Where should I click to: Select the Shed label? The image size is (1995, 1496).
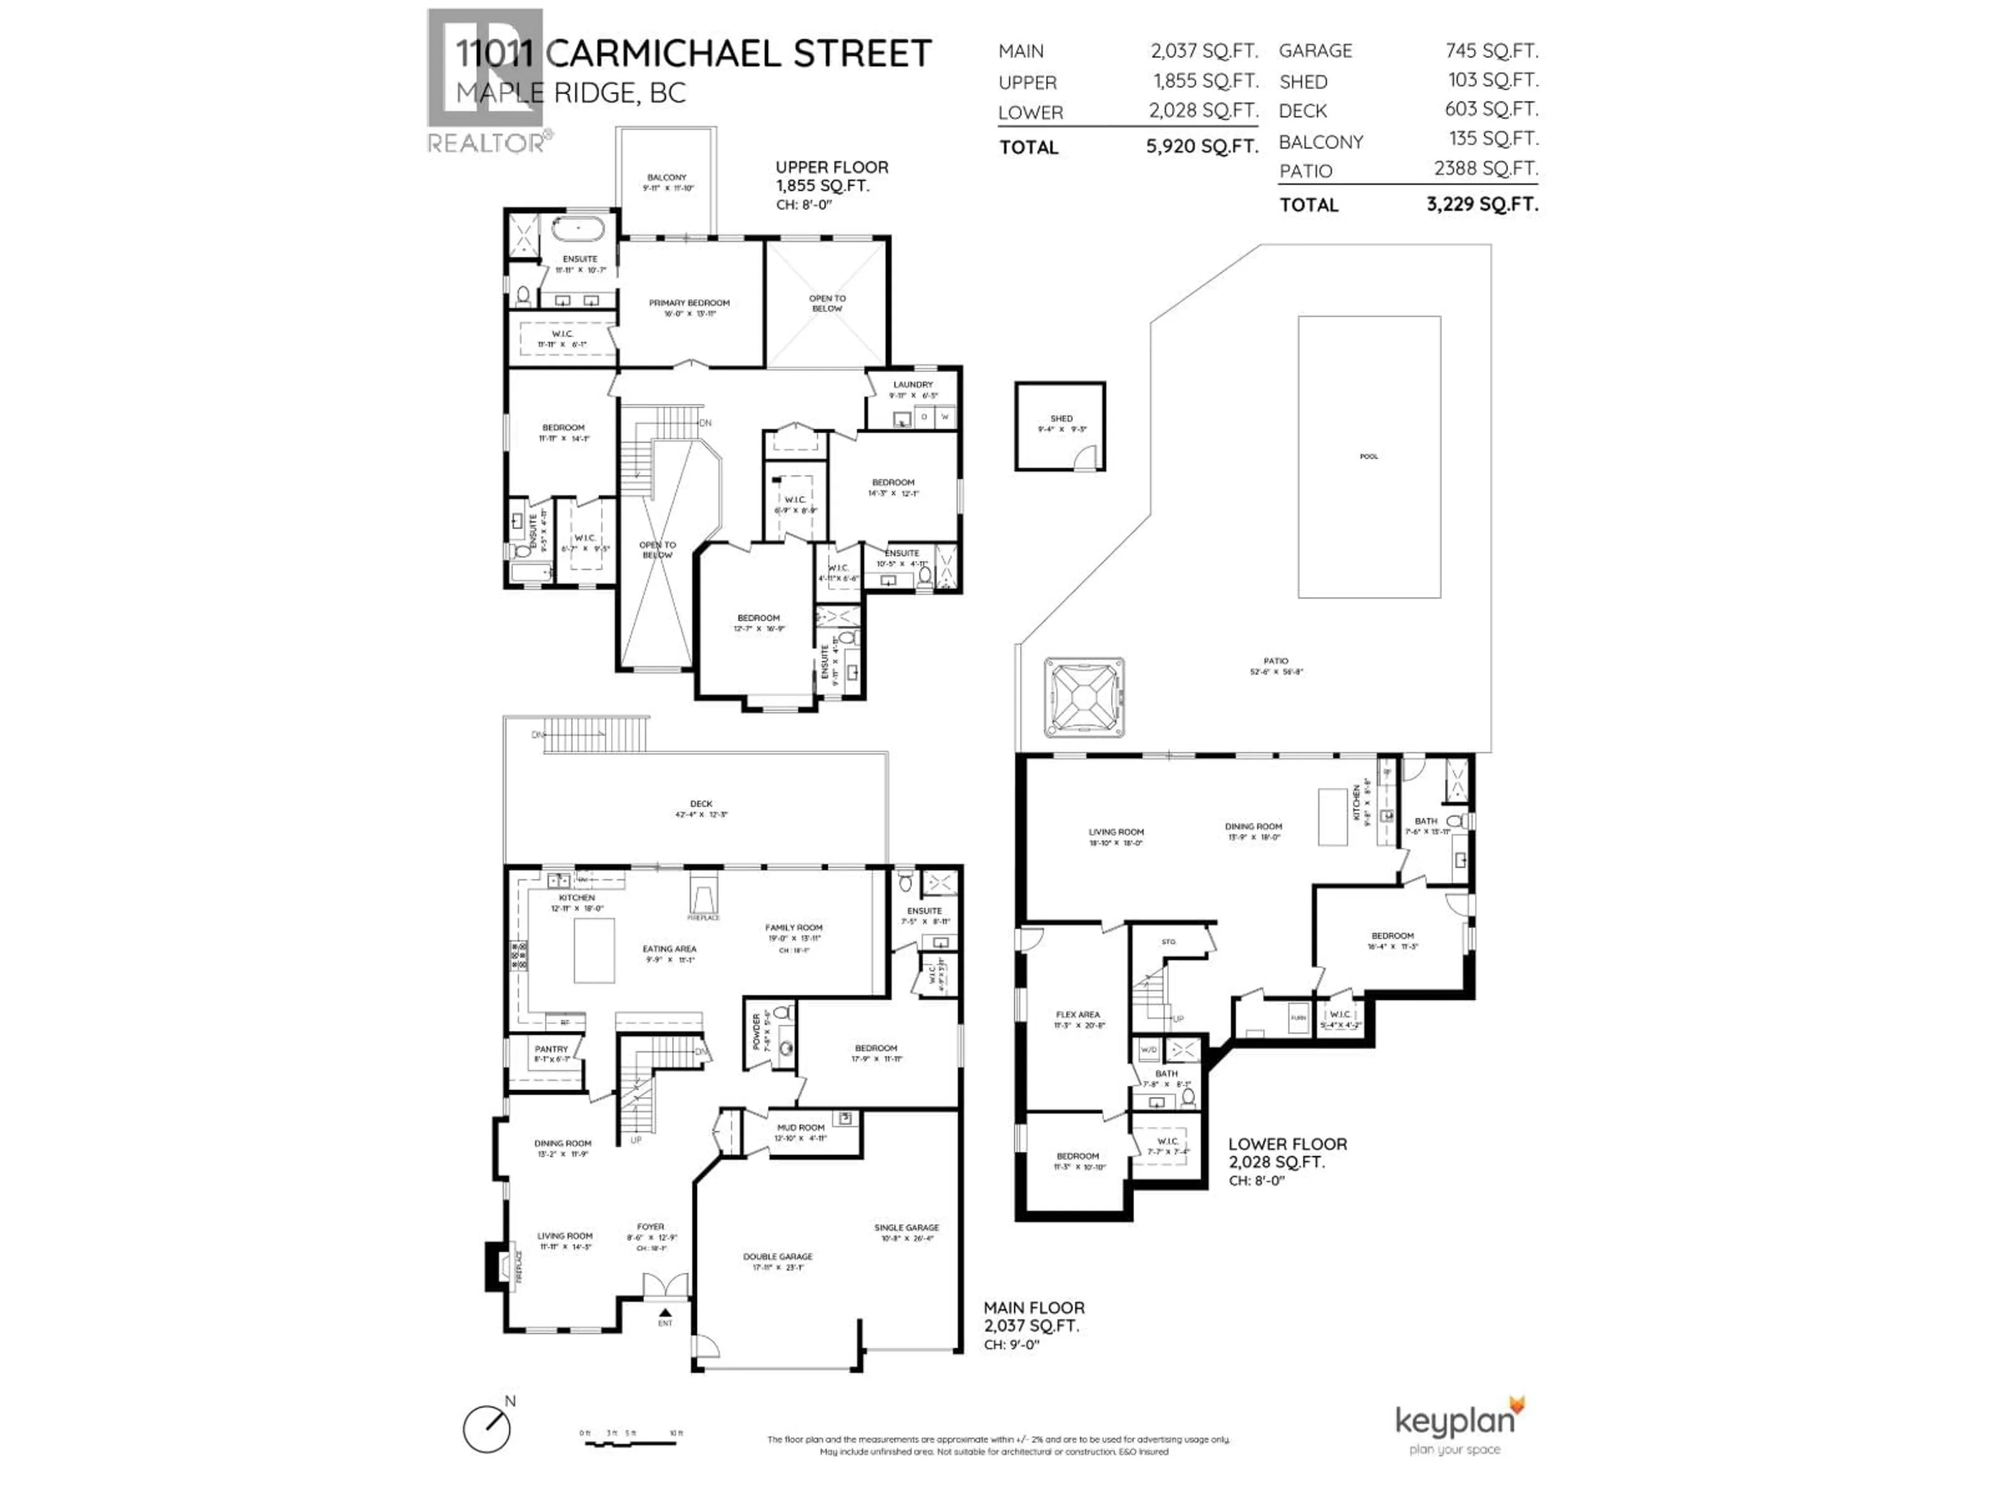[x=1061, y=418]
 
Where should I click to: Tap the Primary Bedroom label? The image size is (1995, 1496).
[x=689, y=303]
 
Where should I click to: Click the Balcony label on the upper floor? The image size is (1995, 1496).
[x=667, y=178]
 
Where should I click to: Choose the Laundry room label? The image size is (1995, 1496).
[x=913, y=384]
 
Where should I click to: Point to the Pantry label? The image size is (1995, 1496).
[x=551, y=1049]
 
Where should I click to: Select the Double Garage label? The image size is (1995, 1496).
[x=777, y=1256]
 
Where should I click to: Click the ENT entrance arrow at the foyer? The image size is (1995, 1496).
[x=664, y=1314]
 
